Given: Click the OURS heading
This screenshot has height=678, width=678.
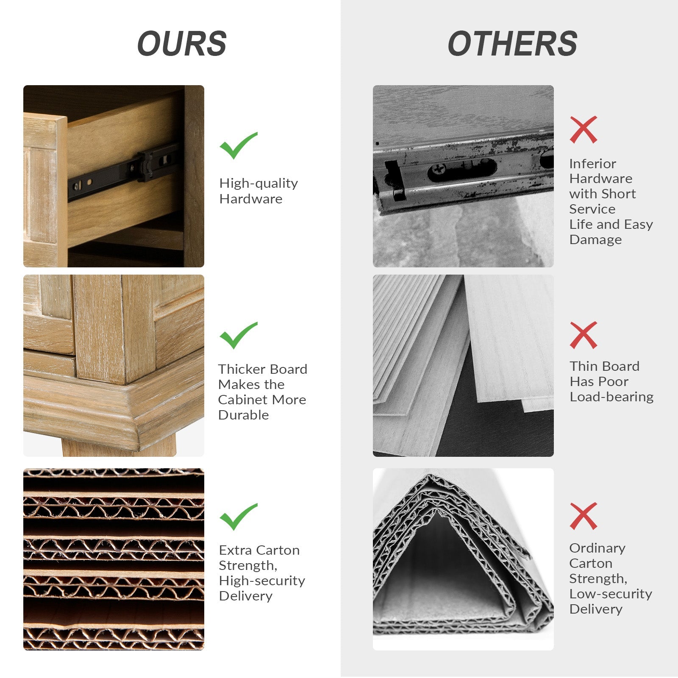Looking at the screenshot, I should pos(182,44).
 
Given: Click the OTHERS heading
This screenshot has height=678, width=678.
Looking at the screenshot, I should pos(512,44).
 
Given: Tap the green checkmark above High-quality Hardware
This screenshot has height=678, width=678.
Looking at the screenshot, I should pos(238,145).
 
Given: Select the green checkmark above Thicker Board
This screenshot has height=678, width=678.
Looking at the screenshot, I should pos(238,335).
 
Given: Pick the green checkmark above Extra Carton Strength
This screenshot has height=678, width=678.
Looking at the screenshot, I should pos(238,517).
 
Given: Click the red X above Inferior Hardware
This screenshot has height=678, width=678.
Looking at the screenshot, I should pos(583,130).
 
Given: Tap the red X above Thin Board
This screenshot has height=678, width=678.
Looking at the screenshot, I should pos(583,335).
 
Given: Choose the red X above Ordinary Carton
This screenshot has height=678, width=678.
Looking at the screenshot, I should pos(583,516).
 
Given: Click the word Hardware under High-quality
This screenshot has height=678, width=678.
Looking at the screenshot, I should pos(250,199).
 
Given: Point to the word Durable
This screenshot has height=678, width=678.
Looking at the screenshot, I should pos(243,415).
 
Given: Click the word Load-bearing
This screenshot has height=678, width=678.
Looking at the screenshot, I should pos(611,397).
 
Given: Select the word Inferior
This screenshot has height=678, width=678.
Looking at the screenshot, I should pos(592,164).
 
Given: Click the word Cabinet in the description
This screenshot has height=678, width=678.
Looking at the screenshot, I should pos(243,400).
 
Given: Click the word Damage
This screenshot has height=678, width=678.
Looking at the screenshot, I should pos(595,240).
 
